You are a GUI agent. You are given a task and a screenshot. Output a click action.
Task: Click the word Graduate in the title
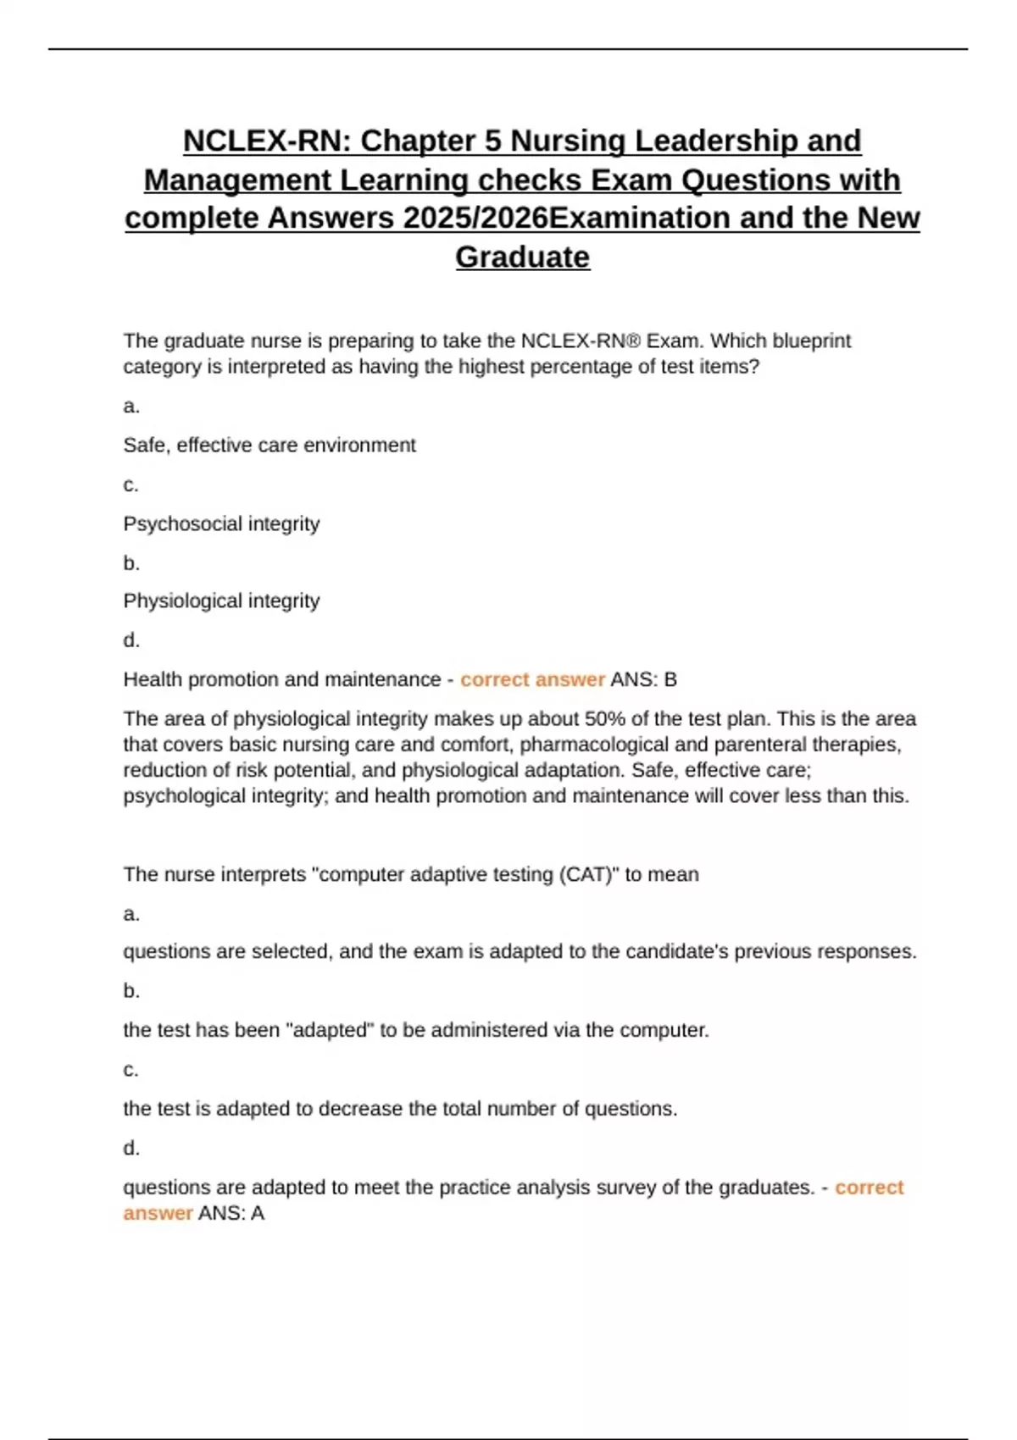click(x=522, y=257)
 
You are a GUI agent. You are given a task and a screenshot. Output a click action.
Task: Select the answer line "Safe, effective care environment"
click(x=270, y=446)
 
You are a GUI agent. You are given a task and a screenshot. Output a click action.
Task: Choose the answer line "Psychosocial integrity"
click(x=221, y=524)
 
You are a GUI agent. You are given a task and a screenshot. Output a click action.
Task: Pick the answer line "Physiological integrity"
click(x=221, y=601)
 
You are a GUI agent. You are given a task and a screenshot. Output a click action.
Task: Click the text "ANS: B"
click(x=643, y=680)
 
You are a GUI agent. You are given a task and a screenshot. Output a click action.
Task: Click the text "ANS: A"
click(x=231, y=1214)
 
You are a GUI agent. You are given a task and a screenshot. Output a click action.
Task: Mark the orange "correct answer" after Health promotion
click(x=532, y=680)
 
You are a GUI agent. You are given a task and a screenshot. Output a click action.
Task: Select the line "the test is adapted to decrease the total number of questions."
click(x=400, y=1109)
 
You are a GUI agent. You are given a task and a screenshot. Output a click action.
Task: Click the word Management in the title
click(x=237, y=180)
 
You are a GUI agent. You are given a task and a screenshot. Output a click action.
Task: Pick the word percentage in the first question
click(x=587, y=367)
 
